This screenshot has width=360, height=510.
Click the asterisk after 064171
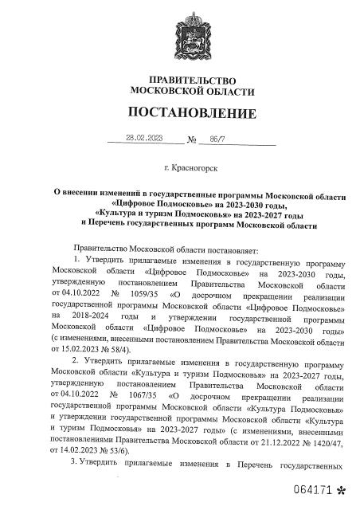(342, 488)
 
